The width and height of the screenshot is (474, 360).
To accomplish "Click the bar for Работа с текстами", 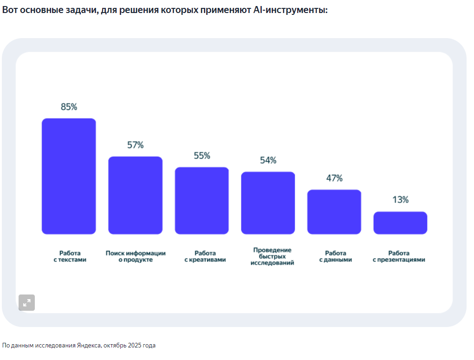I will point(69,176).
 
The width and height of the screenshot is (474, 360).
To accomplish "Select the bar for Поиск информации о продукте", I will point(135,195).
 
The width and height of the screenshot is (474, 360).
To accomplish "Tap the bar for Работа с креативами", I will point(201,200).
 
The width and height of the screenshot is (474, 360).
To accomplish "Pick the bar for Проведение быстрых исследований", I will point(268,203).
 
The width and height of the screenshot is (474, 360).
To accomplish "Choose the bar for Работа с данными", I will point(334,211).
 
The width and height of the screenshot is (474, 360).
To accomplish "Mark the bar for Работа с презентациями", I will point(400,223).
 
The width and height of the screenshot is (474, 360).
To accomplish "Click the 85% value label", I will point(69,107).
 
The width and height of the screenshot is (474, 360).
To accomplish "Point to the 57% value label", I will point(135,145).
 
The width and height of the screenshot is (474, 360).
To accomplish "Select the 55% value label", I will point(201,156).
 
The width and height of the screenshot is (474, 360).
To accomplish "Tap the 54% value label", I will point(268,160).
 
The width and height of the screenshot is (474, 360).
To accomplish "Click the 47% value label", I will point(334,178).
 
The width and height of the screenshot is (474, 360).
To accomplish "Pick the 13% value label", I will point(400,200).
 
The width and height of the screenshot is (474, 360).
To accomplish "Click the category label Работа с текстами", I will point(69,256).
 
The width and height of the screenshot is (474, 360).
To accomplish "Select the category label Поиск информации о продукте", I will point(136,256).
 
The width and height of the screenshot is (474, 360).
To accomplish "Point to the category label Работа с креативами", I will point(205,256).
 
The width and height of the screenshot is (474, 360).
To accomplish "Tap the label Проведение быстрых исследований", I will point(272,256).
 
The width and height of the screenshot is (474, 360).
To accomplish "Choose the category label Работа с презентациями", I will point(399,256).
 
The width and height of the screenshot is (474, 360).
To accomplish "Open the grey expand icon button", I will point(26,302).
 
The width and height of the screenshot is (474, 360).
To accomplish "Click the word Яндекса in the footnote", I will point(89,346).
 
